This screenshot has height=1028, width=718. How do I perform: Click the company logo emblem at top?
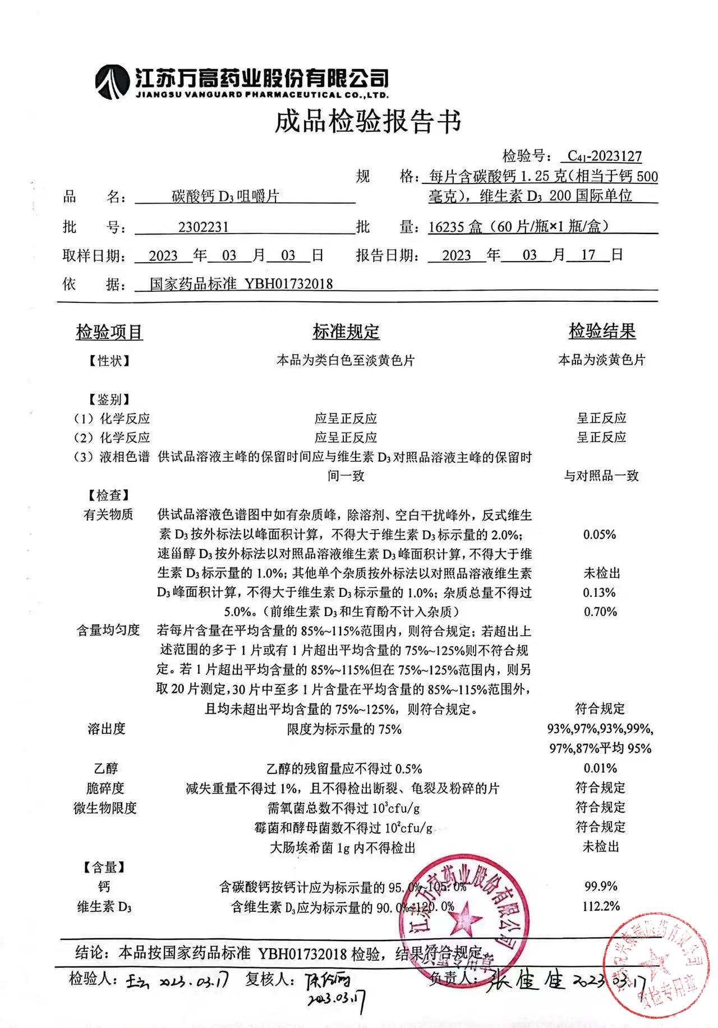coord(112,82)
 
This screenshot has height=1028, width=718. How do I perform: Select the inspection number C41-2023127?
coord(604,156)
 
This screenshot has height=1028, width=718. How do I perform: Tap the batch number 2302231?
coord(203,227)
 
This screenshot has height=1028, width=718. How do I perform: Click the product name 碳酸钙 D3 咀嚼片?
coord(225,197)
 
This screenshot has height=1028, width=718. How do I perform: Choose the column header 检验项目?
coord(109,332)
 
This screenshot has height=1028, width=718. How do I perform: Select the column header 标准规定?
coord(346,332)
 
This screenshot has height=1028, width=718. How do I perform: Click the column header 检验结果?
coord(602,332)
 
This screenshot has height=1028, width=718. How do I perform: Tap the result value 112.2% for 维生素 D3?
coord(601,906)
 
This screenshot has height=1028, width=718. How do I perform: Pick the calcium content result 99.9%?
coord(601,887)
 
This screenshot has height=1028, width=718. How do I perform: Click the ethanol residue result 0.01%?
coord(600,768)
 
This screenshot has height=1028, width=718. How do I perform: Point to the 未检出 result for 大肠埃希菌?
coord(601,847)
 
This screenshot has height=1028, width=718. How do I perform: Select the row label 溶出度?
coord(107,729)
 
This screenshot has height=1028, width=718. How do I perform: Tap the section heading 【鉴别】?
coord(109,400)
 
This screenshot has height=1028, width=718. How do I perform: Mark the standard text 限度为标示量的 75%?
coord(344,729)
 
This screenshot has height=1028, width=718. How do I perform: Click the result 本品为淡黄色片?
coord(601,360)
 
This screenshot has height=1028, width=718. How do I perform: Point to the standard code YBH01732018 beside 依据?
coord(288,284)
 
